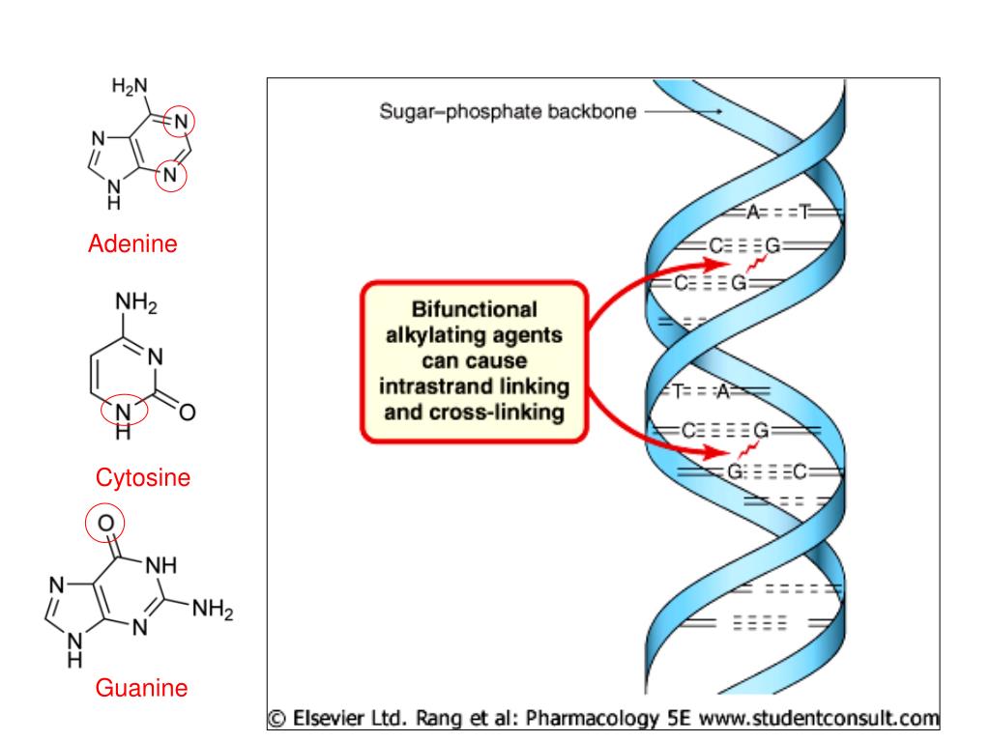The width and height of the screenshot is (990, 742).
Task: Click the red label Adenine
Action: coord(132,243)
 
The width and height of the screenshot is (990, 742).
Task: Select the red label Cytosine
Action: coord(143,477)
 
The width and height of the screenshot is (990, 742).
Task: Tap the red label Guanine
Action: coord(141,687)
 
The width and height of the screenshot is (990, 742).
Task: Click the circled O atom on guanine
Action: coord(105,523)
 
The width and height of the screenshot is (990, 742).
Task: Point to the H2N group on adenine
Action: coord(130,86)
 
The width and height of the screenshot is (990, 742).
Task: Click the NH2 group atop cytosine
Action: coord(135,302)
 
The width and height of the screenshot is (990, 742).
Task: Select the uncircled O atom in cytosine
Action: coord(187,412)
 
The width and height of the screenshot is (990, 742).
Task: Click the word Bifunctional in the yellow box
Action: coord(474,309)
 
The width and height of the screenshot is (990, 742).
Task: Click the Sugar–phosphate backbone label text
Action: coord(508,112)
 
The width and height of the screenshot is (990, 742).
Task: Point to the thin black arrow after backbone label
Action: coord(684,112)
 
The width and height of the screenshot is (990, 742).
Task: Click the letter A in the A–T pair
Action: coord(752,212)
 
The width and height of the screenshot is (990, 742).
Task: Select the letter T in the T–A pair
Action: coord(678,392)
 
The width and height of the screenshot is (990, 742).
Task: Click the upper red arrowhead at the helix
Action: coord(718,264)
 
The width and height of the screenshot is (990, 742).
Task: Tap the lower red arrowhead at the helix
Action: coord(716,452)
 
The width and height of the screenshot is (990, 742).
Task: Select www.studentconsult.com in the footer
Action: coord(820,718)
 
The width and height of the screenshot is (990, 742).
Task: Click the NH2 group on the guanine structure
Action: coord(213,609)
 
